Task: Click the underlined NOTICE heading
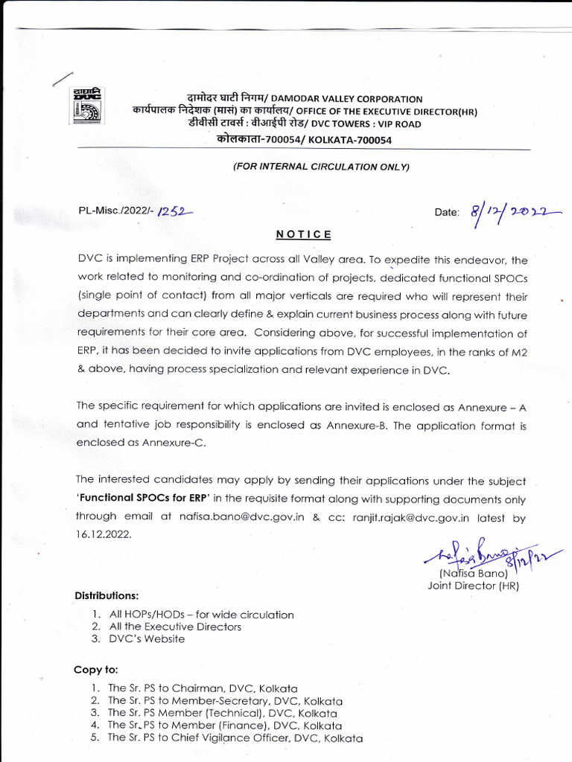click(304, 234)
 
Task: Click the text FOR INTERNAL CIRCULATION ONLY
click(321, 167)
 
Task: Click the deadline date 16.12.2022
click(104, 534)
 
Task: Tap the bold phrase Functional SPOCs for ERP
click(144, 500)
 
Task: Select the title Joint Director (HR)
click(473, 586)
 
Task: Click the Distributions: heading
click(106, 595)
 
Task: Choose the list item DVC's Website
click(147, 638)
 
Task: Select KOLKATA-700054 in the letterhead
click(350, 140)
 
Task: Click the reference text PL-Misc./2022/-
click(115, 211)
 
